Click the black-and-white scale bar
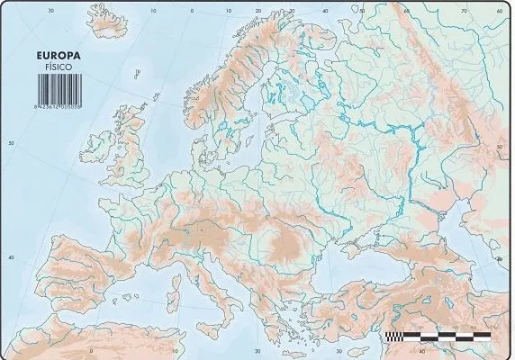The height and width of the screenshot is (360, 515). pos(438,335)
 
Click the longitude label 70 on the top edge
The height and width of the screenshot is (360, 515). pos(465,12)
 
